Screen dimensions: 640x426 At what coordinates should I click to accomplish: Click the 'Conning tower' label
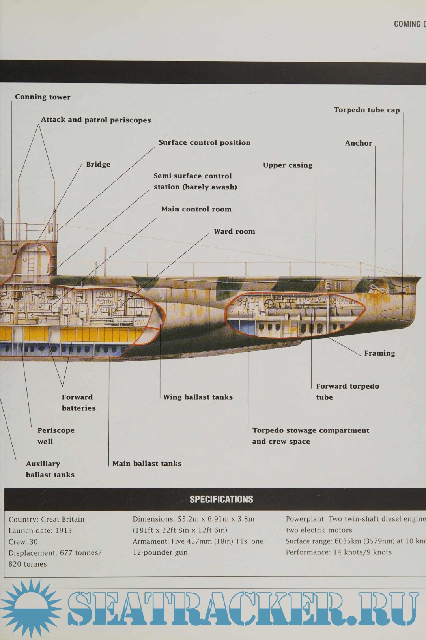pos(43,97)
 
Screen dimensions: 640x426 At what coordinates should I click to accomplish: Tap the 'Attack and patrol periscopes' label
pos(96,120)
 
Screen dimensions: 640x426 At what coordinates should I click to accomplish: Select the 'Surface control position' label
pos(204,143)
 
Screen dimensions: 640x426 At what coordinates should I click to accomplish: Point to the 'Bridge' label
pos(98,165)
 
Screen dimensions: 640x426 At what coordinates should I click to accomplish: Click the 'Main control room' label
pos(196,210)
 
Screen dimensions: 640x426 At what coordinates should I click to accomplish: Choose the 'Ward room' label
pos(234,232)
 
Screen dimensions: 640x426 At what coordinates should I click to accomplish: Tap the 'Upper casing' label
pos(288,165)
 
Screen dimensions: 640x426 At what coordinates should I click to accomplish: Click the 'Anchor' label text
pos(358,143)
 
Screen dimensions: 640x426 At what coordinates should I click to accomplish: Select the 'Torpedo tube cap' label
pos(366,110)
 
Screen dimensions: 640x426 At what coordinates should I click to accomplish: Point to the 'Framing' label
pos(379,353)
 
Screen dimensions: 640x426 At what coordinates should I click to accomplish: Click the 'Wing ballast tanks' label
pos(198,397)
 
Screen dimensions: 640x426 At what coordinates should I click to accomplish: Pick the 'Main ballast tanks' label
pos(147,464)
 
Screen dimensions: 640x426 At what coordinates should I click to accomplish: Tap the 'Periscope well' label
pos(56,436)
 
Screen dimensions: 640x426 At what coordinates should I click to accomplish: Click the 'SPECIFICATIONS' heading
pos(221,499)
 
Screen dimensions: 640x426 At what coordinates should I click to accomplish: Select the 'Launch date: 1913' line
pos(40,531)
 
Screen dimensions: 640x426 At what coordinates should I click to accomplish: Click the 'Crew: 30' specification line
pos(23,542)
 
